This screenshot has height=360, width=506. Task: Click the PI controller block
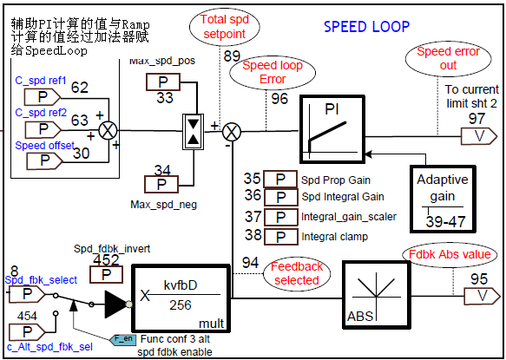[332, 129]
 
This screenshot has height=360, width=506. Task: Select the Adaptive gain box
[443, 199]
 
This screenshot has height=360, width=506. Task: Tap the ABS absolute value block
[377, 295]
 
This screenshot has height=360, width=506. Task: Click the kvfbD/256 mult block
[181, 298]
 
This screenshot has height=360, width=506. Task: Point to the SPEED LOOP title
[366, 27]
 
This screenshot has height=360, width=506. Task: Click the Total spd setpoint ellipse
[225, 27]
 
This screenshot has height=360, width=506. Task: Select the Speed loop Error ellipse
[273, 72]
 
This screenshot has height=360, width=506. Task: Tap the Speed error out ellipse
[448, 58]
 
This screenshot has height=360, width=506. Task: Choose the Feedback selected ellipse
[297, 273]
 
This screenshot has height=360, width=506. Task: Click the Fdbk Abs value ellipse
[450, 254]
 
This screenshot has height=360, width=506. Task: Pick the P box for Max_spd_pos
[163, 82]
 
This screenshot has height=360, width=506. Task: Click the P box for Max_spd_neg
[161, 184]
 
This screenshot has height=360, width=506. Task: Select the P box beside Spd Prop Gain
[280, 179]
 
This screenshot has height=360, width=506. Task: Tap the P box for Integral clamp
[280, 237]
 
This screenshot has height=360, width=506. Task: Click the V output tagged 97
[479, 136]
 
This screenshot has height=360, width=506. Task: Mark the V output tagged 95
[482, 296]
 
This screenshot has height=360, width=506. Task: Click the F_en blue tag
[122, 339]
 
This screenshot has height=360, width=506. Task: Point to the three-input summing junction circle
[108, 131]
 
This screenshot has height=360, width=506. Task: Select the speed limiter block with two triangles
[194, 131]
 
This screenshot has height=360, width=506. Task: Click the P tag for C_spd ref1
[43, 97]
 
